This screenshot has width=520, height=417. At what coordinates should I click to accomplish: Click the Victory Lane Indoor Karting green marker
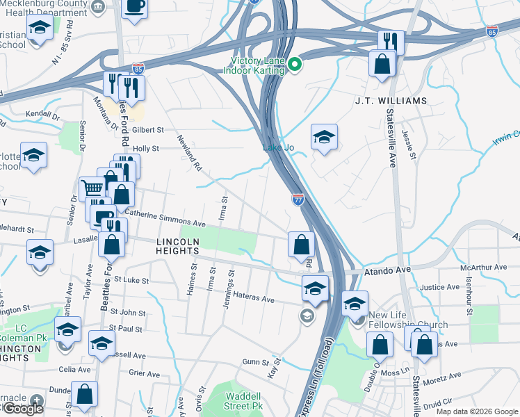(x=295, y=65)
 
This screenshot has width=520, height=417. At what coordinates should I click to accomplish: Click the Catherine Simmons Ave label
(x=165, y=219)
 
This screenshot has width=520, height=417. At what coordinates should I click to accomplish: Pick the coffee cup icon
(x=135, y=6)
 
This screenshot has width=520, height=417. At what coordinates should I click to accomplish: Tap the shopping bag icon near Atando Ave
(x=301, y=244)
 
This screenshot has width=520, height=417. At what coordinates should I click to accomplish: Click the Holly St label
(x=146, y=148)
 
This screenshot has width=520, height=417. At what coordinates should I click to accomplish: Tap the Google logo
(x=23, y=409)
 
